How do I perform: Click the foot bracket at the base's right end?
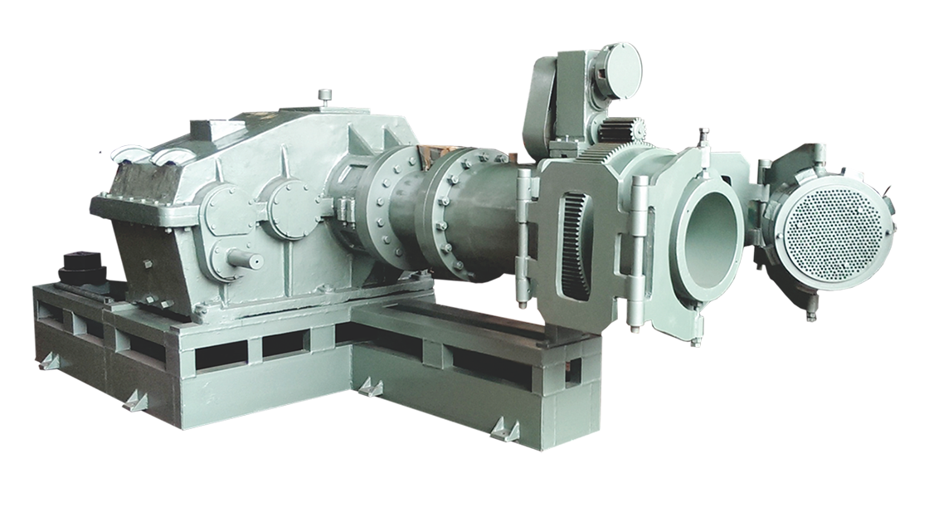point(503,430)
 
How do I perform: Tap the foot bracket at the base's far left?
point(51,361)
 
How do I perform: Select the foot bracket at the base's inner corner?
point(371,387)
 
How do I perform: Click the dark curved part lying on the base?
point(79,279)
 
